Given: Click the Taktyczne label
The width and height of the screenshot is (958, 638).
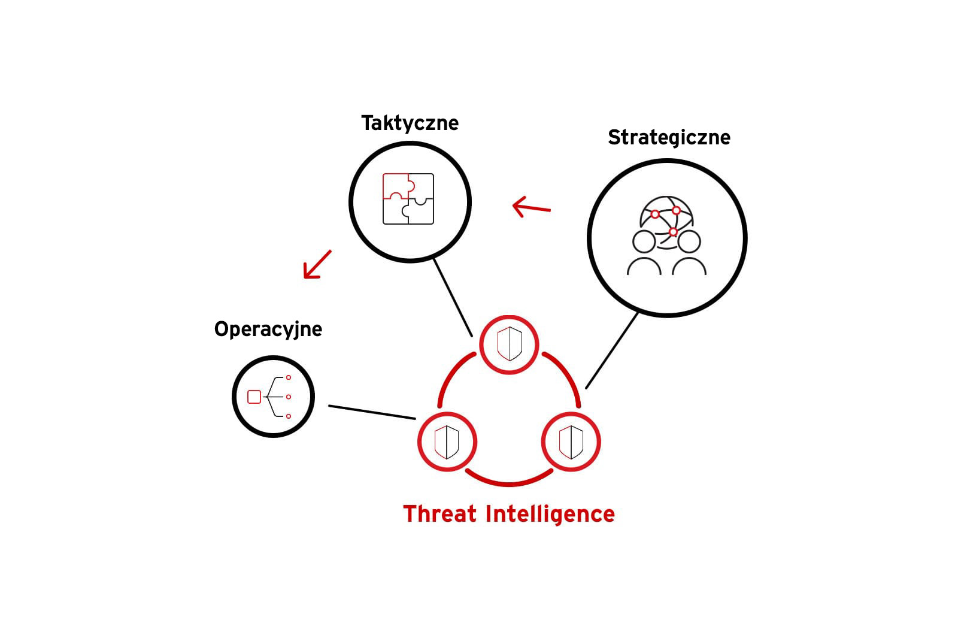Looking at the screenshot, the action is (410, 123).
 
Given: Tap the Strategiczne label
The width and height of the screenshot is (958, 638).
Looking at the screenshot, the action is (669, 138).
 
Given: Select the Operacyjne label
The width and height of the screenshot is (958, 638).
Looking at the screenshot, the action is (268, 329).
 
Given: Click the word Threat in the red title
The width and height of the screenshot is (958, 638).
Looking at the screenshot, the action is (439, 514).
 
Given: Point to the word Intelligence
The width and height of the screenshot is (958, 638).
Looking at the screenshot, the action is (550, 515).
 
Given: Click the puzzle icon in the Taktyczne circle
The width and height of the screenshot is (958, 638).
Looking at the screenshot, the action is (408, 199).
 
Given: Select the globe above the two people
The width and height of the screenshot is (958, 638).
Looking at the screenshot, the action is (666, 220).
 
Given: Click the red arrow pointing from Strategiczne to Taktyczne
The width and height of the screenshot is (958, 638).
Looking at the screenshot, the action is (532, 207).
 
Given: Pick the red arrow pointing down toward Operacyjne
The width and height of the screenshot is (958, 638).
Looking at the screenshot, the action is (317, 264).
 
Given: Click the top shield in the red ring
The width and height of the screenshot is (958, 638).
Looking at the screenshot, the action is (510, 344).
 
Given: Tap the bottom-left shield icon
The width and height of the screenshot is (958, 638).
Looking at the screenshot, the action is (447, 442).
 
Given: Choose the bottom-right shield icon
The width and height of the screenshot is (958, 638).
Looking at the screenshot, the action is (571, 442).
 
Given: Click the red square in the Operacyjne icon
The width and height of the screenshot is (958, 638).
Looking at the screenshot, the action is (254, 397).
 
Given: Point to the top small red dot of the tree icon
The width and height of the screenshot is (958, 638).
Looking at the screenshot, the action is (289, 377).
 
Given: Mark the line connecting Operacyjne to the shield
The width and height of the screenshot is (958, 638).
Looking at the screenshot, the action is (372, 412).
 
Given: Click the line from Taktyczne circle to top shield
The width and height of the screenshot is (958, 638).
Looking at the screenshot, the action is (453, 298).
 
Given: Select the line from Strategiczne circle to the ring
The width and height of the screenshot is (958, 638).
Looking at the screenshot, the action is (612, 350).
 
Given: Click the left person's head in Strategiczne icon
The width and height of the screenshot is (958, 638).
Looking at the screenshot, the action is (644, 242).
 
